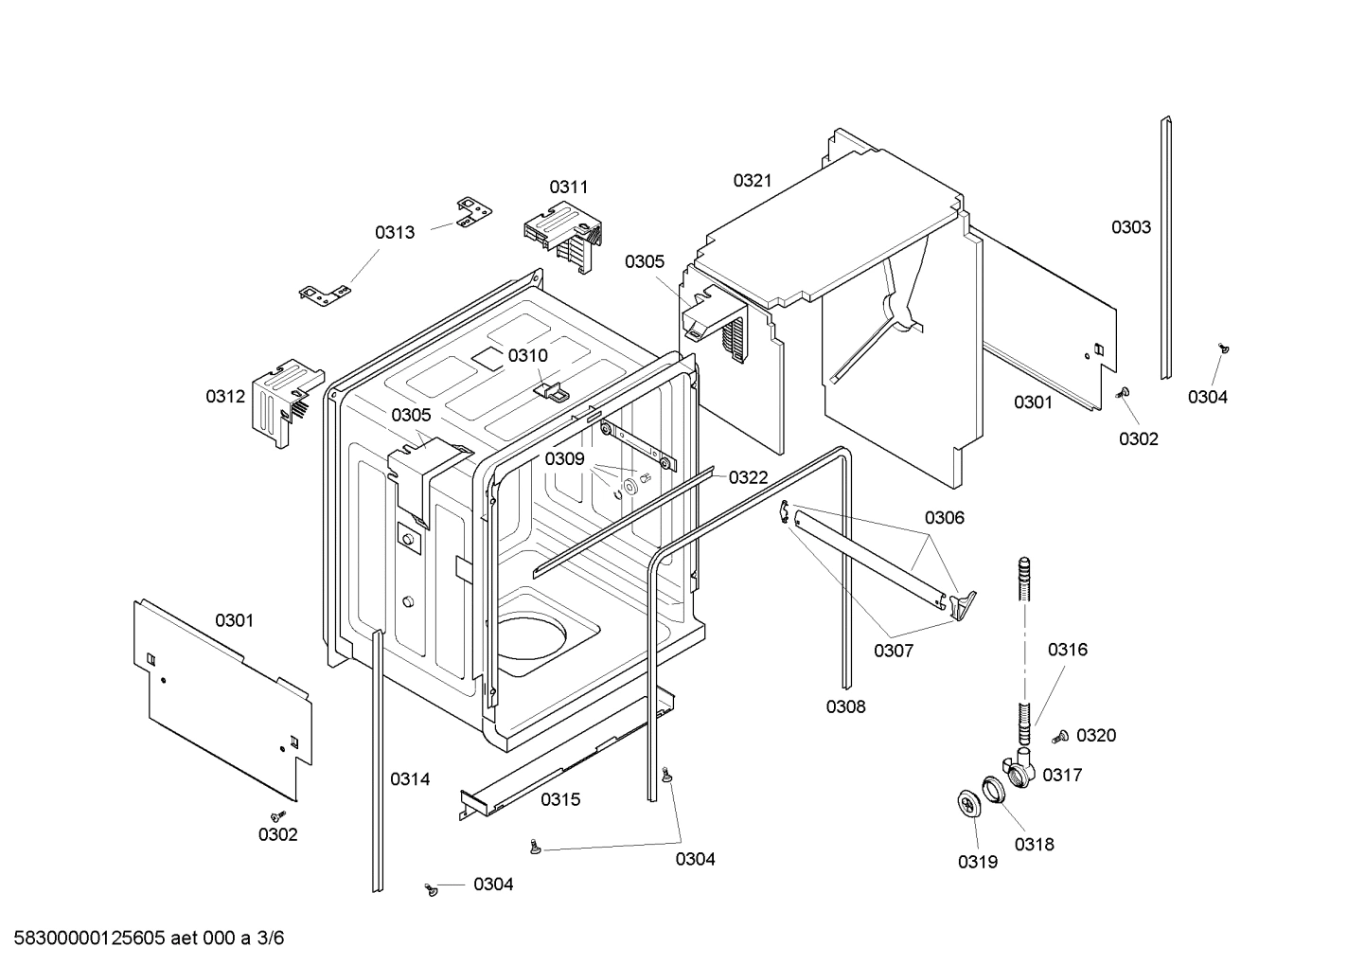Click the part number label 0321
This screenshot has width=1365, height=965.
point(753,180)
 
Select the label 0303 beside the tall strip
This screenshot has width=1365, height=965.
point(1131,227)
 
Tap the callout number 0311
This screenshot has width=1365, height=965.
point(569,188)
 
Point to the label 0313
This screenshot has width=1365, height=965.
point(395,233)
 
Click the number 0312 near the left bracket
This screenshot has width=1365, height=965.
point(225,397)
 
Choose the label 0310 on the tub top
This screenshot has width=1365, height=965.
point(527,356)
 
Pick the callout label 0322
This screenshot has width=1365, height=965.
point(748,478)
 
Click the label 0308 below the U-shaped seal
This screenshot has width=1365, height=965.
point(845,706)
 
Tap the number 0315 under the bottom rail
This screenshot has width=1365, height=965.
point(560,800)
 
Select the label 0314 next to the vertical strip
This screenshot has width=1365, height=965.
point(410,779)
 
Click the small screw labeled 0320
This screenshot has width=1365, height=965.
point(1061,736)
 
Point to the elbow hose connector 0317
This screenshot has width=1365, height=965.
point(1019,770)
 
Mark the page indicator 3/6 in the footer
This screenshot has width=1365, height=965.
point(271,938)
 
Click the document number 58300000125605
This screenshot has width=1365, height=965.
point(85,938)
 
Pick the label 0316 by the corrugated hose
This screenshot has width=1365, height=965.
point(1067,650)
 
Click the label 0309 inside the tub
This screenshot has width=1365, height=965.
point(564,459)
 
